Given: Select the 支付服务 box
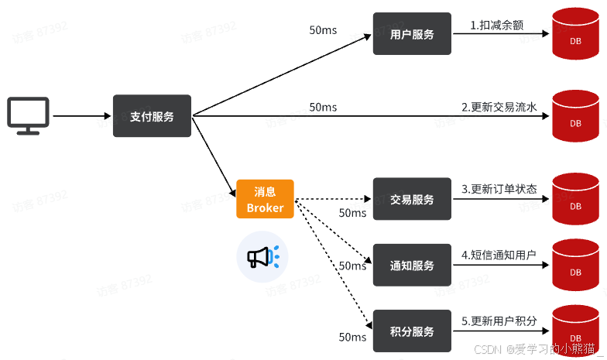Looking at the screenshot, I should click(x=153, y=116).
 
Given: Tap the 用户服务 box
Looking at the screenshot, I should click(x=412, y=34).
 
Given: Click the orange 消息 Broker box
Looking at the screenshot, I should click(x=265, y=199).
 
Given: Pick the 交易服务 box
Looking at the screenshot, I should click(x=412, y=199).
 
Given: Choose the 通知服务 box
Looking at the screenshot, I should click(x=412, y=266).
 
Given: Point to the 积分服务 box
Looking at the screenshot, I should click(x=412, y=331).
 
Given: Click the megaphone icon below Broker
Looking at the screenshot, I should click(x=262, y=256).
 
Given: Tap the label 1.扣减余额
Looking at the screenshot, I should click(x=497, y=25).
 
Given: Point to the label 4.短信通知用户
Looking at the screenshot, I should click(x=499, y=254).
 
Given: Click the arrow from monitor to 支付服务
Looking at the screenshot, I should click(x=81, y=116).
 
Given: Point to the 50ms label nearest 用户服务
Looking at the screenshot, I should click(x=323, y=30).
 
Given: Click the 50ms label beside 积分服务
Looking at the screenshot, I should click(x=352, y=337).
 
